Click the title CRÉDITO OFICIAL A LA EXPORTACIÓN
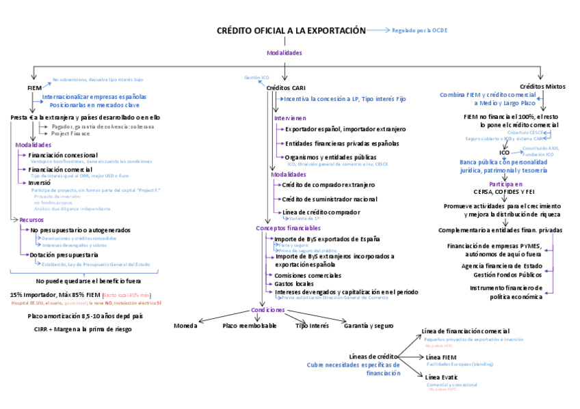click(291, 31)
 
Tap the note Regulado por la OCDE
click(420, 31)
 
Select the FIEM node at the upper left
click(34, 87)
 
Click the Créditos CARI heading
click(285, 88)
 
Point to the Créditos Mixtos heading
click(542, 87)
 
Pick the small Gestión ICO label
click(256, 78)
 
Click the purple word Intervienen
click(290, 117)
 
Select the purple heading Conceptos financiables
click(288, 227)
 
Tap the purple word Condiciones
click(267, 309)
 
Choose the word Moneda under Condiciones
click(185, 326)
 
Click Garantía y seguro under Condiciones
click(369, 326)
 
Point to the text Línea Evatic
click(441, 377)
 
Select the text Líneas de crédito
click(373, 356)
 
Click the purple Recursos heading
click(31, 220)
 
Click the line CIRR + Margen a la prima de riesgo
click(82, 329)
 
